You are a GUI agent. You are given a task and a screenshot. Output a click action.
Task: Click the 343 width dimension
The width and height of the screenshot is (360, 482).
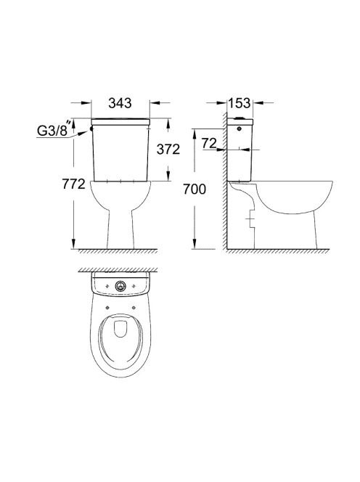click(x=120, y=103)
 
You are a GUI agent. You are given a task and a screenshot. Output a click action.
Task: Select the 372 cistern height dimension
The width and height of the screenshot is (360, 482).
click(x=168, y=150)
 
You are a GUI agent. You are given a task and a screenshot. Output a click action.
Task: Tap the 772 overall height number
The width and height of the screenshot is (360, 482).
click(x=73, y=184)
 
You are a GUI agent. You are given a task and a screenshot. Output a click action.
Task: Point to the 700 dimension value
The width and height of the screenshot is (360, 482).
click(x=195, y=189)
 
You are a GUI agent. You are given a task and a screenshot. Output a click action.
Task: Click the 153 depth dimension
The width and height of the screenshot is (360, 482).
click(x=240, y=103)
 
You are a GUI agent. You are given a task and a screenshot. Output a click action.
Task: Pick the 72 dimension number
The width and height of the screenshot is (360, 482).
click(x=210, y=143)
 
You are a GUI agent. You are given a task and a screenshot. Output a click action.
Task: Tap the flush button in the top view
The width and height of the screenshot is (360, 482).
click(x=120, y=287)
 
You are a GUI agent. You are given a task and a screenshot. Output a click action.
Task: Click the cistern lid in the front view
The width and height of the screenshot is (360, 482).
click(x=120, y=121)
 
